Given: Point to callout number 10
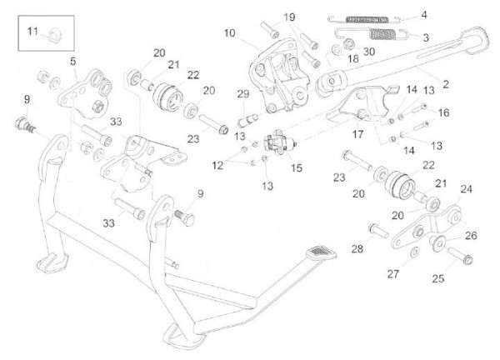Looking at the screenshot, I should (229, 32).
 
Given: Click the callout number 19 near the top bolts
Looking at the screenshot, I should (289, 17).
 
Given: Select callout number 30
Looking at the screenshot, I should (369, 51).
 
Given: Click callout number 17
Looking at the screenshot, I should (359, 132).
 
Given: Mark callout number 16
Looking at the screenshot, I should (443, 111).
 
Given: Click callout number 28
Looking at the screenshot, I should (357, 249).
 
